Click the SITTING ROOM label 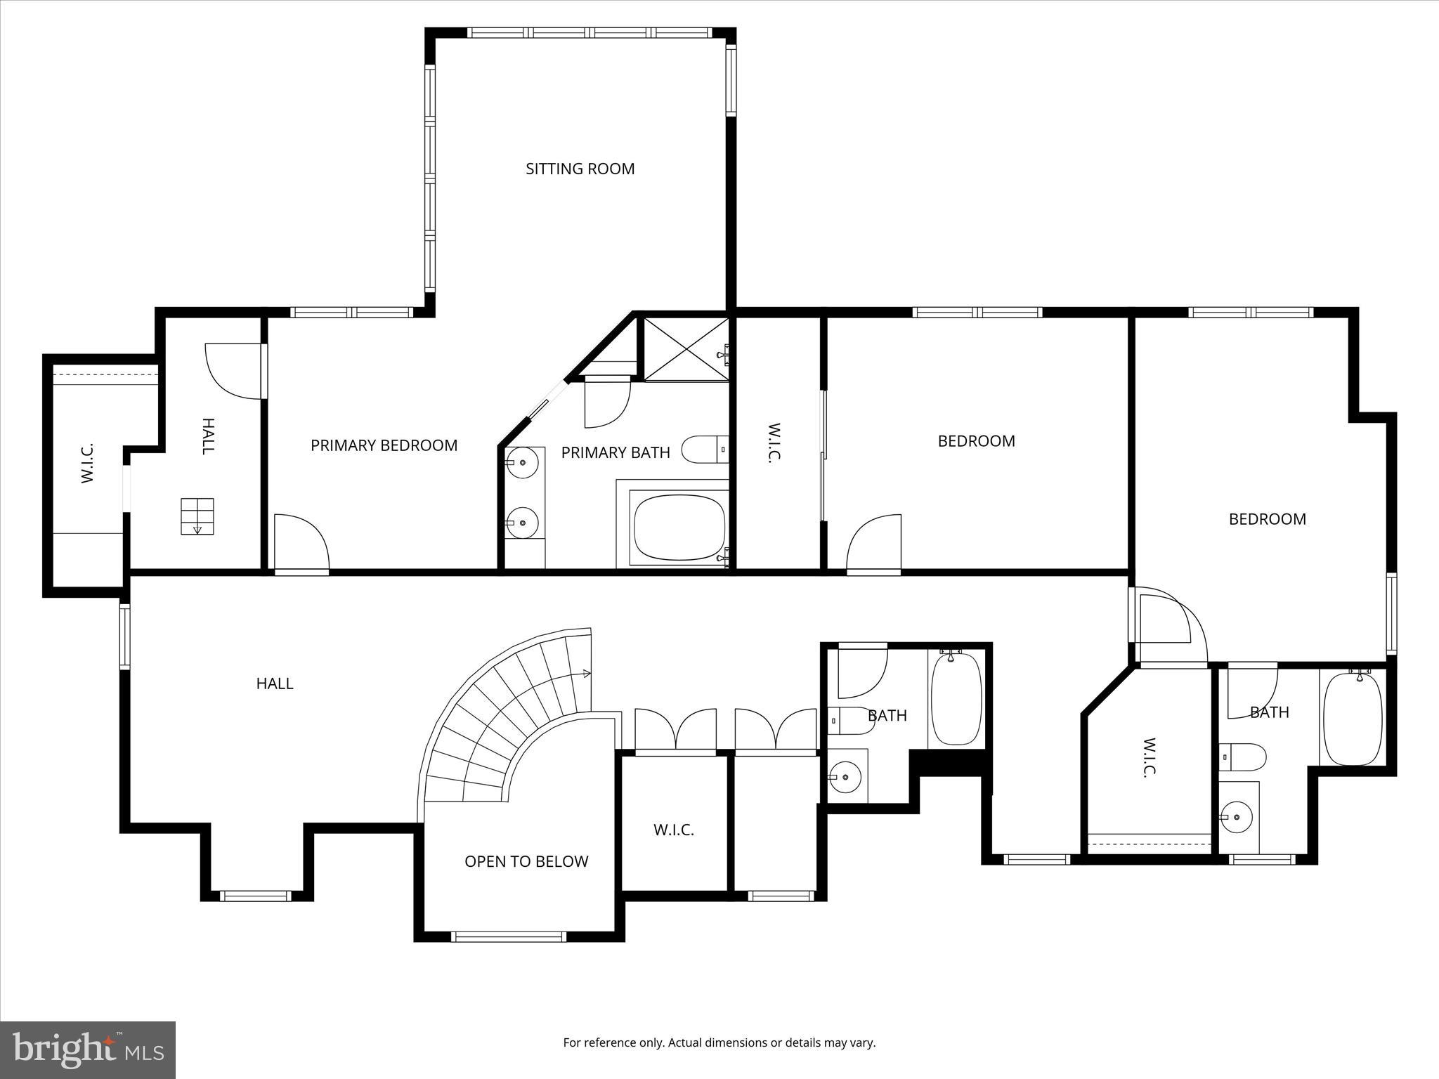tap(580, 169)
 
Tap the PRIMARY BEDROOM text tap(384, 445)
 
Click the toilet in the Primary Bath tap(703, 450)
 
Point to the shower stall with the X tap(685, 349)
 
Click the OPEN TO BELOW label tap(526, 861)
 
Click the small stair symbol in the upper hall tap(197, 516)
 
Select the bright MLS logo tap(88, 1050)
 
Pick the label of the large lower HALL tap(274, 684)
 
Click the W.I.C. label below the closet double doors tap(673, 830)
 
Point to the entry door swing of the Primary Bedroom tap(301, 543)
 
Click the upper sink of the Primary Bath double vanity tap(522, 463)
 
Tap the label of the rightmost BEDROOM tap(1267, 519)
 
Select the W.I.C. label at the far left tap(87, 464)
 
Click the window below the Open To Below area tap(508, 936)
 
